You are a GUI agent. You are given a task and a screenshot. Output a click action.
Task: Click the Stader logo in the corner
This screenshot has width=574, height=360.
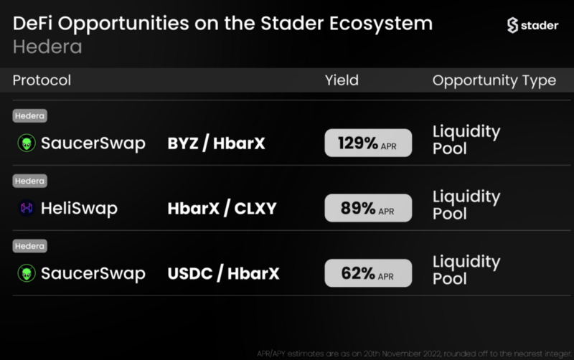point(532,25)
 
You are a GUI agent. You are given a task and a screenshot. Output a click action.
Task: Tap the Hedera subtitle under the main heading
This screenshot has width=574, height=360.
point(47,47)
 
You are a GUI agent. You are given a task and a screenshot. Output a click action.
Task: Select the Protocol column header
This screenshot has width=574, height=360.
point(42,80)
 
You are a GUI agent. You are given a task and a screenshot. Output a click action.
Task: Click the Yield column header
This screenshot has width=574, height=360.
point(342,80)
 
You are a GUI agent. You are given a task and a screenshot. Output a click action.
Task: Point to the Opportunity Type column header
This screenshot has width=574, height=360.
point(494,80)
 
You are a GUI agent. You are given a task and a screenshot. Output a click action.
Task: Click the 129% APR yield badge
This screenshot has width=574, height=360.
point(368,143)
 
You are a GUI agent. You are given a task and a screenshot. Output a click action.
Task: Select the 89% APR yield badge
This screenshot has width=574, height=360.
point(368,208)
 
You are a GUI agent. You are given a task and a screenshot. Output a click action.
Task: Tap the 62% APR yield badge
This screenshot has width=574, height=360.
point(368,273)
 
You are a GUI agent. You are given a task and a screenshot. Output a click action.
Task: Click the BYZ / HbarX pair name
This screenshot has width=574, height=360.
point(217,143)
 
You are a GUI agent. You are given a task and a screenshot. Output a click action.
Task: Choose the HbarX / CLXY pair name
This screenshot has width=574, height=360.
point(222,208)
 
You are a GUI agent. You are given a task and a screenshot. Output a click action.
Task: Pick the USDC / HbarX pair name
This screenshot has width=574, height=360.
point(223,273)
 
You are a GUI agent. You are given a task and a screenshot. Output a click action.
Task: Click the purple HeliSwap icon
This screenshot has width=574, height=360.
point(27,208)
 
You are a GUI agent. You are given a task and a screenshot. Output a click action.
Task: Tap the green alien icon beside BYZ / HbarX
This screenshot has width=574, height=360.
point(27,143)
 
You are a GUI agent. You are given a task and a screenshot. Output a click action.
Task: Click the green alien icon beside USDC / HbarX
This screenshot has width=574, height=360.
point(27,273)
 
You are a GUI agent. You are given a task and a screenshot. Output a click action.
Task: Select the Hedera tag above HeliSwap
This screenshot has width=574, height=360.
point(29,181)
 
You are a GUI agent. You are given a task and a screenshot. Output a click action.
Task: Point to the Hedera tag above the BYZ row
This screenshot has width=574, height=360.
point(29,115)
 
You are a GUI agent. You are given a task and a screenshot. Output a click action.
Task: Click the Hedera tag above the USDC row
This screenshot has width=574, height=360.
point(29,246)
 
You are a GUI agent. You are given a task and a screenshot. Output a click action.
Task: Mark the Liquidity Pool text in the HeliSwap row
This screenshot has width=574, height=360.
point(466,205)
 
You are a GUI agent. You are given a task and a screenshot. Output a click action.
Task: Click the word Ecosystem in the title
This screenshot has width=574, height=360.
point(381,24)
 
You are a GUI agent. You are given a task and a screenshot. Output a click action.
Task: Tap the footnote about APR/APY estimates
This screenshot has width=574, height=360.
point(414,354)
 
